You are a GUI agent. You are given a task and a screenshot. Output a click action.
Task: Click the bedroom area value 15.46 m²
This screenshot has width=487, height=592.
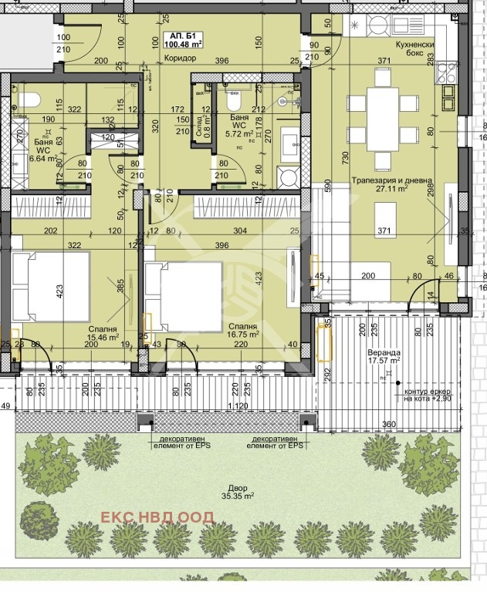click(103, 337)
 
